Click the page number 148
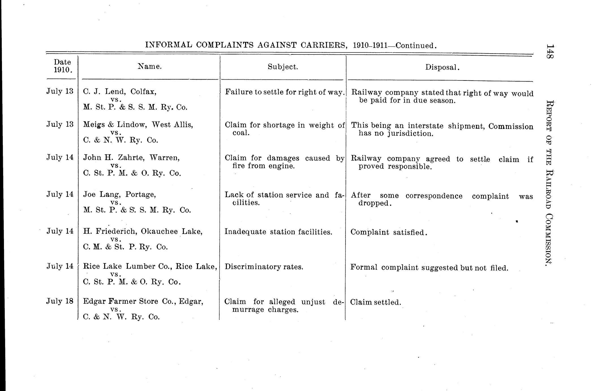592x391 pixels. [x=550, y=51]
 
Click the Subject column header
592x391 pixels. [x=283, y=67]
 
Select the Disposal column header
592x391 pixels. [x=442, y=67]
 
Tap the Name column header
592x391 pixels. [x=150, y=66]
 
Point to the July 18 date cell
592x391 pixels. [x=60, y=301]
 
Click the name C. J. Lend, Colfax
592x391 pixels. [x=120, y=92]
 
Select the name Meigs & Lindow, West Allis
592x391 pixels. [x=138, y=125]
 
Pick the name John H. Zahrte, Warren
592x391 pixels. [x=131, y=158]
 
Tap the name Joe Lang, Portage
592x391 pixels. [x=119, y=195]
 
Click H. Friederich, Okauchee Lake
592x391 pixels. [x=143, y=231]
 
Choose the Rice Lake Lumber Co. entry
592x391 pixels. [x=150, y=266]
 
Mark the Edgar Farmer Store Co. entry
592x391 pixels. [x=143, y=301]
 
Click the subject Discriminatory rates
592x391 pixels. [x=264, y=267]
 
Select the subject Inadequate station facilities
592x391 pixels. [x=278, y=232]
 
